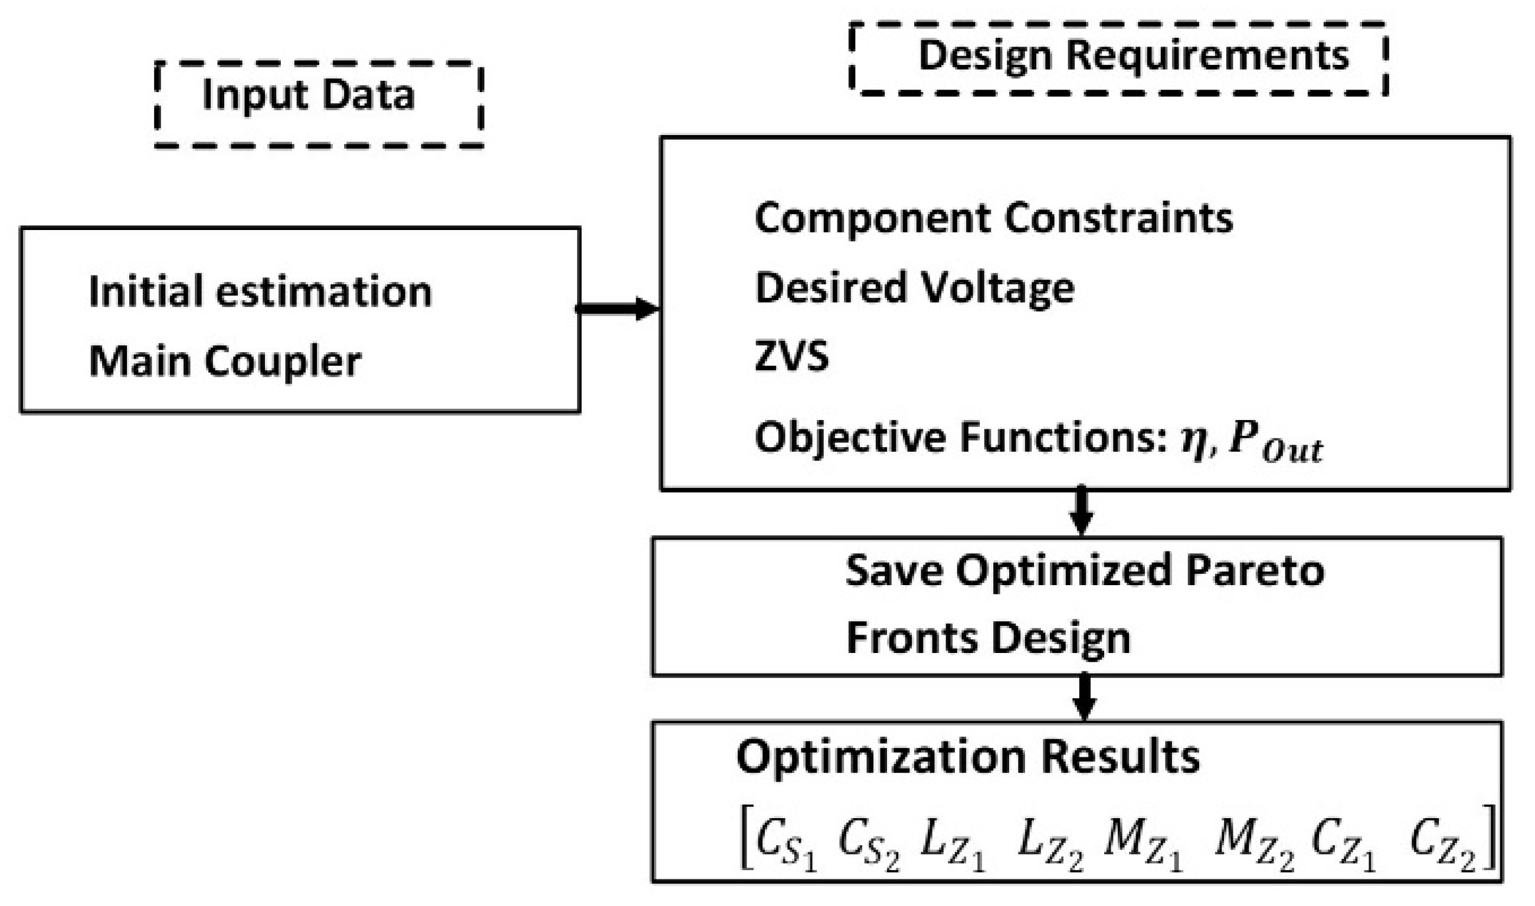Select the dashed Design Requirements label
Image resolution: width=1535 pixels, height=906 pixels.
coord(1118,58)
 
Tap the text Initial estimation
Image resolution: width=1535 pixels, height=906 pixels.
coord(260,291)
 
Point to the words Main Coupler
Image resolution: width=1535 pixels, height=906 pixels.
coord(225,362)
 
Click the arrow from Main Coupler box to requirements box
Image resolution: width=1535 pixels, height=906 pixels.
coord(617,308)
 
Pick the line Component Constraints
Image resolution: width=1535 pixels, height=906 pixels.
coord(993,218)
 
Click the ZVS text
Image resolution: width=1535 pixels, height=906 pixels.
coord(791,356)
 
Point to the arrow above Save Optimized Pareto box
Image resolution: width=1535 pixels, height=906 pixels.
coord(1081,510)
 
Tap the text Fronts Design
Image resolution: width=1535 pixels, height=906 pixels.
coord(988,638)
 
